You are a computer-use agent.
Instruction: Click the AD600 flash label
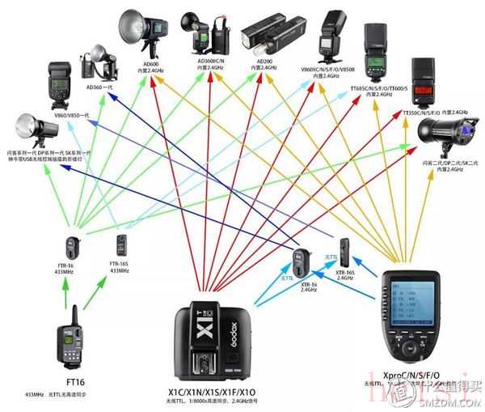151,63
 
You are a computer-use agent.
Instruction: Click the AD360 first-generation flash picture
96,61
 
